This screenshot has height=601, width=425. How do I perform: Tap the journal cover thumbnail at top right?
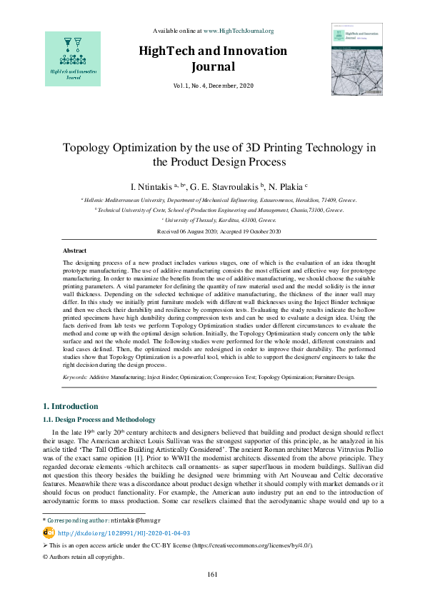click(x=357, y=59)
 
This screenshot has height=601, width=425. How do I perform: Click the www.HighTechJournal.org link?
click(x=239, y=31)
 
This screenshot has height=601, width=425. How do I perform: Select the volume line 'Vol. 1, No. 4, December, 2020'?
click(x=212, y=86)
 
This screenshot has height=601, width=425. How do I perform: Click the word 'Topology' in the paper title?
click(x=89, y=148)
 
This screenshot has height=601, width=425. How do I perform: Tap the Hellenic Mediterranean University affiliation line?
click(x=213, y=201)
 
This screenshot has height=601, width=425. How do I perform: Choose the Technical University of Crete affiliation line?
click(x=213, y=211)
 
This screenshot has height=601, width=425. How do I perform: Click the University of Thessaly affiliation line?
click(x=213, y=221)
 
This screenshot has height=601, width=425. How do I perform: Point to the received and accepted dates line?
click(x=212, y=232)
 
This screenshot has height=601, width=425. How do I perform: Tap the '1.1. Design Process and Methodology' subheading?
click(x=99, y=419)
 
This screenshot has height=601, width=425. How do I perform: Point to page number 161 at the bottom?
click(x=212, y=575)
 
